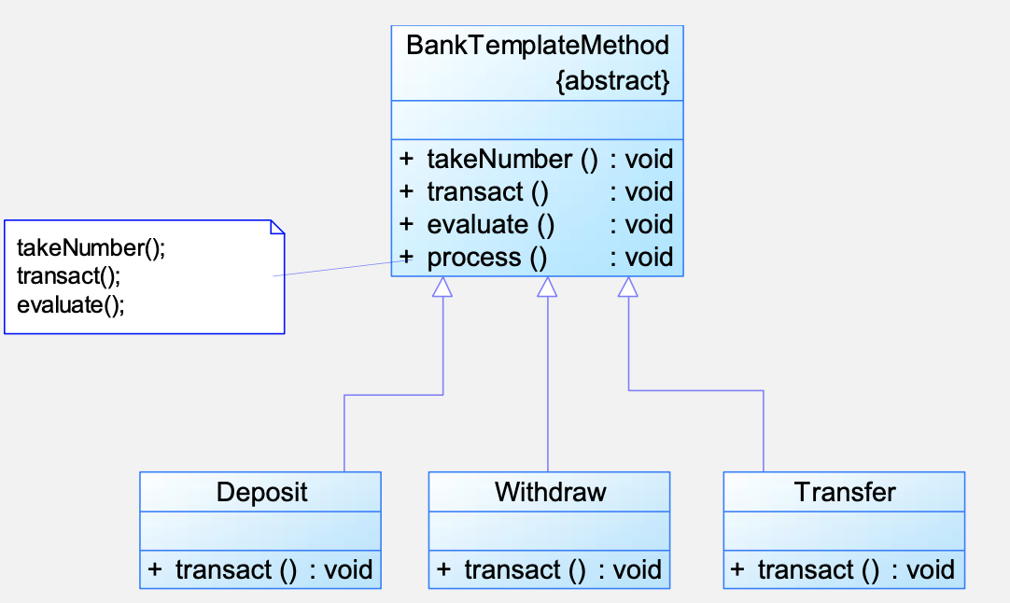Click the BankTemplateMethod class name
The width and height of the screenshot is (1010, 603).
[x=538, y=45]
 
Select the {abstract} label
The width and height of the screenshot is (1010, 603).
[x=612, y=80]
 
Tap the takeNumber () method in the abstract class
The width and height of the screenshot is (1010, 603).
[x=512, y=159]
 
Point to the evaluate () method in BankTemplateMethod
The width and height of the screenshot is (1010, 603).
[x=490, y=224]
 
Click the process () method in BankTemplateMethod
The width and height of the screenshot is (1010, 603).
[x=487, y=257]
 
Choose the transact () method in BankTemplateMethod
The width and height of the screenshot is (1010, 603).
[x=487, y=191]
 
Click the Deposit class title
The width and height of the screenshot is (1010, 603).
[x=261, y=492]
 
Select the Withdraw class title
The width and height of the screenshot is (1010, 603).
[x=550, y=492]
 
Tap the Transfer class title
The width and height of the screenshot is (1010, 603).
[x=845, y=492]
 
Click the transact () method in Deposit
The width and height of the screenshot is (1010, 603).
[x=236, y=570]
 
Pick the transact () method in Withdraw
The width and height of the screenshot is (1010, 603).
[x=525, y=570]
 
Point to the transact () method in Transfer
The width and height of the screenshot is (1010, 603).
[x=818, y=570]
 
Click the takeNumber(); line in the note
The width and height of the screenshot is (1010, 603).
[x=91, y=248]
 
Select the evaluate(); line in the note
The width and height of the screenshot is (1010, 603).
[x=71, y=304]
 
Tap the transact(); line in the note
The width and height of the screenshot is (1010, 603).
[x=68, y=276]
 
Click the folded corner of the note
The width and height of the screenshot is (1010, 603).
[x=277, y=228]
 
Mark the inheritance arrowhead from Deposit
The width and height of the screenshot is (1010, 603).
[x=442, y=287]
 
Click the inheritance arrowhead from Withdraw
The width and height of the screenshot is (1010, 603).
[x=547, y=287]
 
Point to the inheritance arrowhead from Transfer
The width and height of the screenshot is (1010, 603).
[x=628, y=287]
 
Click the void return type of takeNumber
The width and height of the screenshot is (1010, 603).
[x=649, y=159]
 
